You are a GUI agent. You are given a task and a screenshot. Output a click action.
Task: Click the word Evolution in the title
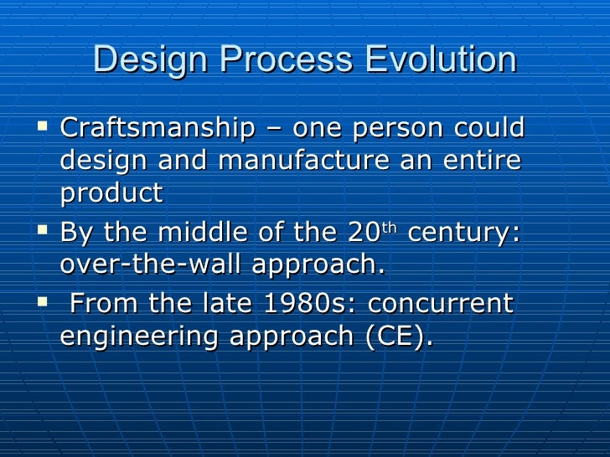coord(441,60)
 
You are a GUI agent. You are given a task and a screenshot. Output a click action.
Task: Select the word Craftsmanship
coord(158,129)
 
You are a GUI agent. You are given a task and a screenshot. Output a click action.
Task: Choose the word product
coord(111,194)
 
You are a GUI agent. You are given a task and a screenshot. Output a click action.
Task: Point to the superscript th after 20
coord(390,226)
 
